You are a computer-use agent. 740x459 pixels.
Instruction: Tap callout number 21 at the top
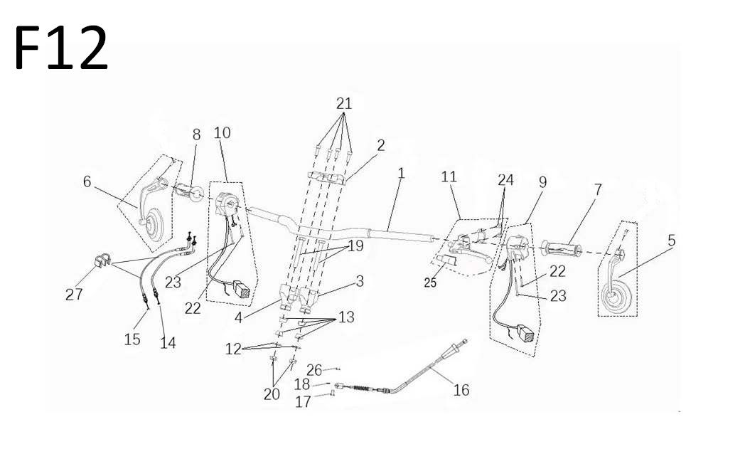pyautogui.click(x=344, y=104)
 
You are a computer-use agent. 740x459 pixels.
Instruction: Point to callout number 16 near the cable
pyautogui.click(x=461, y=389)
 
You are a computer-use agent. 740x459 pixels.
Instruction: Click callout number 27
pyautogui.click(x=74, y=294)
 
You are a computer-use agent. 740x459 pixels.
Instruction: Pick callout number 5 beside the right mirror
pyautogui.click(x=671, y=241)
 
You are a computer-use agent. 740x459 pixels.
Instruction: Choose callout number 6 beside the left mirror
pyautogui.click(x=87, y=181)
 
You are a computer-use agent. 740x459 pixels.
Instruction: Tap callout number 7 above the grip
pyautogui.click(x=598, y=190)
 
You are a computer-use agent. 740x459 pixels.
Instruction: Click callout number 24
pyautogui.click(x=505, y=181)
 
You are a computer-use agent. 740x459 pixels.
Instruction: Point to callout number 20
pyautogui.click(x=272, y=394)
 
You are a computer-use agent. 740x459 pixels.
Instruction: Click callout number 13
pyautogui.click(x=345, y=317)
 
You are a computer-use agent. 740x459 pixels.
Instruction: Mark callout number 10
pyautogui.click(x=222, y=133)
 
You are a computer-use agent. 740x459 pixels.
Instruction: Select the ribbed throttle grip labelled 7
pyautogui.click(x=561, y=249)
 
